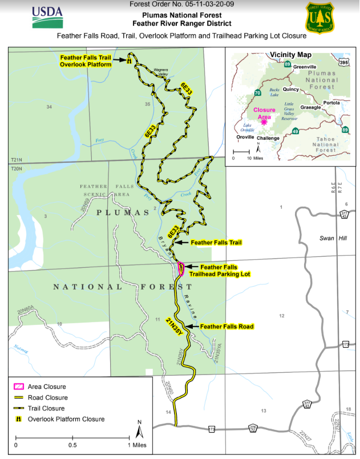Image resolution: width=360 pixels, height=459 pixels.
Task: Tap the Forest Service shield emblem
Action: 320,18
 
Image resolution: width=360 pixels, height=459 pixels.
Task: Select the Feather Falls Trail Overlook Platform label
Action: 86,61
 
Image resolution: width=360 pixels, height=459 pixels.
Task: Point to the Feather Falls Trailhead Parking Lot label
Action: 225,271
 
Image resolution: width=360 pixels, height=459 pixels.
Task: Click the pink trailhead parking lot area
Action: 180,269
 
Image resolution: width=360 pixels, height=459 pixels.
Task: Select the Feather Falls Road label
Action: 226,326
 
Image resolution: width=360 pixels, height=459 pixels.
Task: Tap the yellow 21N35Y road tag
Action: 175,326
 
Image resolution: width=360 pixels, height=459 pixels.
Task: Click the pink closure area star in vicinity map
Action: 264,122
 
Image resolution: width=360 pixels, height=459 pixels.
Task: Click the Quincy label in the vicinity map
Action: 291,89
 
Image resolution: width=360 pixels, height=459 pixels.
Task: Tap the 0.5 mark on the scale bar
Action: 72,445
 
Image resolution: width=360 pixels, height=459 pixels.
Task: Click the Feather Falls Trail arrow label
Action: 216,243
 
